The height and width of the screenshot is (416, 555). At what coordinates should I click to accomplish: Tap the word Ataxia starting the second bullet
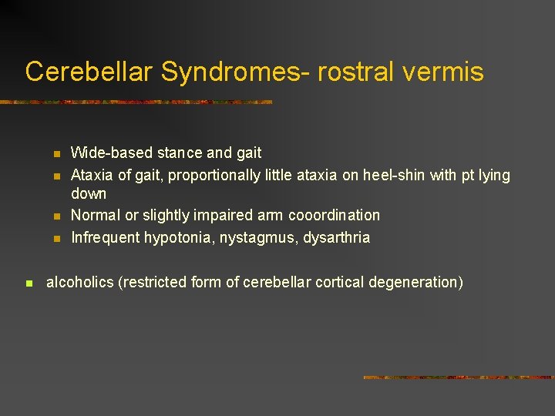[92, 176]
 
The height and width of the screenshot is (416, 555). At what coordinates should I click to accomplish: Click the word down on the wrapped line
[89, 193]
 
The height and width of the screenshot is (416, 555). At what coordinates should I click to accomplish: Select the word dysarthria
[337, 237]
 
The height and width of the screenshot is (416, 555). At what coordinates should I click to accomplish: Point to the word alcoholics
[80, 282]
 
